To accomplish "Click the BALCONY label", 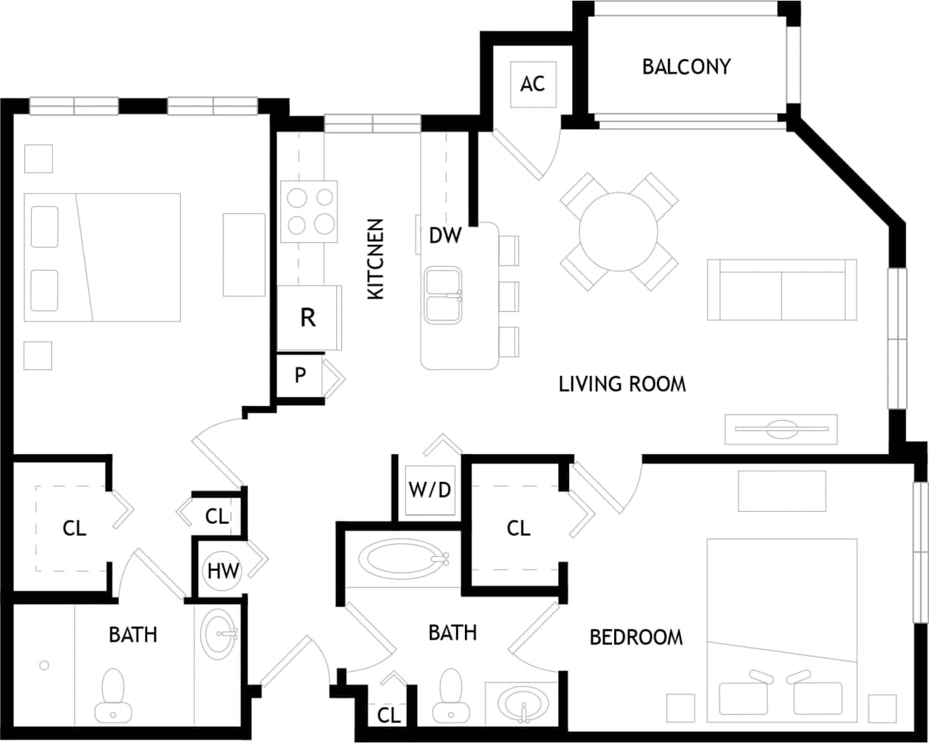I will tap(686, 67).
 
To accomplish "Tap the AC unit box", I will tap(533, 83).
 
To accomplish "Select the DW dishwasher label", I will tap(445, 235).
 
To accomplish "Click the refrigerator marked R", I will tap(308, 318).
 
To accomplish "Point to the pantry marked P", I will tap(300, 375).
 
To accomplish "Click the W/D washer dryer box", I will tap(430, 489).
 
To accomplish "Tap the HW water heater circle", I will tap(222, 570).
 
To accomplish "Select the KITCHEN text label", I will tap(376, 258).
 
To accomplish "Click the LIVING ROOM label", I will tap(622, 384).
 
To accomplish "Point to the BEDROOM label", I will tap(636, 637).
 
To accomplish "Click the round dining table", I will tap(618, 232).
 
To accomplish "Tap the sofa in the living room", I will tap(781, 289).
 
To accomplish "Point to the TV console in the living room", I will tap(780, 429).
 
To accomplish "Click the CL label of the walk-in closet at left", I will tap(74, 528).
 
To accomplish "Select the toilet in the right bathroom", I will tap(449, 696).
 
